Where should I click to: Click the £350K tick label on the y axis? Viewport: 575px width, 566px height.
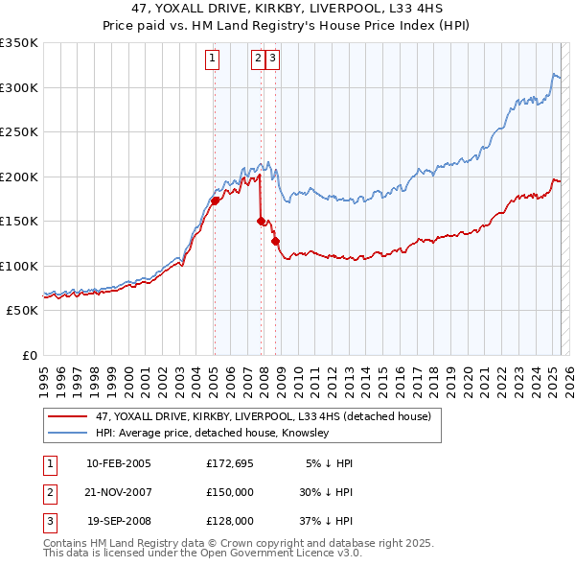coord(18,43)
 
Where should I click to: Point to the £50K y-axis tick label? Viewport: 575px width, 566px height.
coord(21,311)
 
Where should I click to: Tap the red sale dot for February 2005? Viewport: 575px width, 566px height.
coord(215,200)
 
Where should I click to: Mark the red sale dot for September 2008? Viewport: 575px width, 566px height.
coord(276,241)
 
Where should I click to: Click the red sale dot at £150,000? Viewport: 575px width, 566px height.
coord(261,221)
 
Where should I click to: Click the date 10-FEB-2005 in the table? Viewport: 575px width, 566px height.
coord(119,463)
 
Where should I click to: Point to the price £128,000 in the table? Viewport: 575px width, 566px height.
coord(229,521)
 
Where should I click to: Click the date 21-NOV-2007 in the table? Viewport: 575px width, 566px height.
coord(119,492)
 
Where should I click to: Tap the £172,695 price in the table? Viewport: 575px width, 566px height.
coord(229,463)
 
